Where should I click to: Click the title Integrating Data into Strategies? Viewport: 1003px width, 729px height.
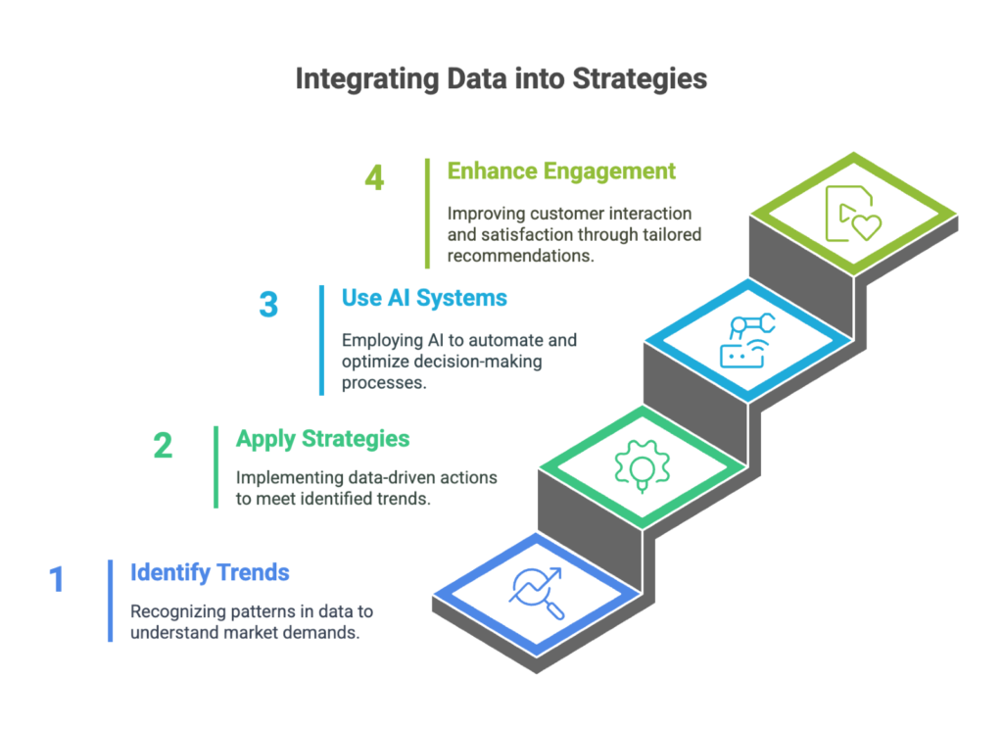point(501,79)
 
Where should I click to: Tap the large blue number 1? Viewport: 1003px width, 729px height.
point(57,579)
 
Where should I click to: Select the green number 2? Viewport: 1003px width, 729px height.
point(163,446)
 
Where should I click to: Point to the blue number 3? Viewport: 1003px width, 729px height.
point(268,305)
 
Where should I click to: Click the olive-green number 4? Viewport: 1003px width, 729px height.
point(374,177)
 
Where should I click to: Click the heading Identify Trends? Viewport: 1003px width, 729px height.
point(210,573)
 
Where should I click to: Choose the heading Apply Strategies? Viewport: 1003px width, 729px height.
point(322,439)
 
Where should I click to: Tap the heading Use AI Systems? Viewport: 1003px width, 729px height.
point(424,298)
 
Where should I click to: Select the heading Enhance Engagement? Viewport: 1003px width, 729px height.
point(561,171)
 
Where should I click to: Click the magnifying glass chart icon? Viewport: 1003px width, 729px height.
point(536,593)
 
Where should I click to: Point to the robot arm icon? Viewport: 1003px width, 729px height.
point(747,341)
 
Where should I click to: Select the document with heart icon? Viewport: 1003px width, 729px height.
point(853,214)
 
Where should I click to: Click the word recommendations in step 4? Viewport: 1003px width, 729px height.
point(520,256)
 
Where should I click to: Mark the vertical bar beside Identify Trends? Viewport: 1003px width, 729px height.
point(111,601)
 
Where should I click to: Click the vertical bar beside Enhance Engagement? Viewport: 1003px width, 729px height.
point(427,214)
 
